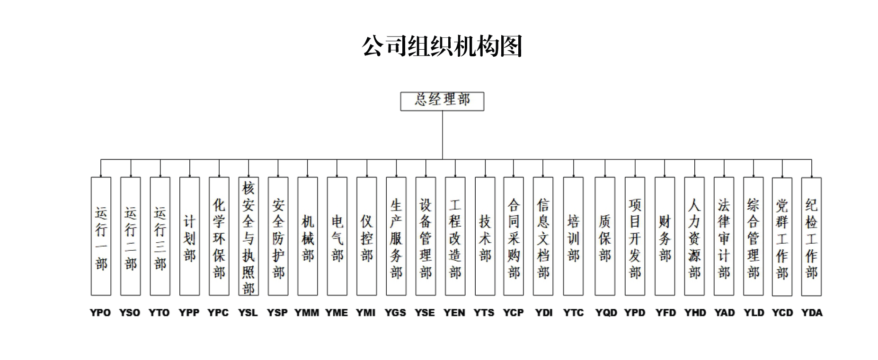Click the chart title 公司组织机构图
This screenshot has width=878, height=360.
[x=442, y=46]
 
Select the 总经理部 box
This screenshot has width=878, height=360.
[x=442, y=101]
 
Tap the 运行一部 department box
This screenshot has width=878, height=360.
[x=101, y=237]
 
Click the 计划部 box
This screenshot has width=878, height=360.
[x=189, y=237]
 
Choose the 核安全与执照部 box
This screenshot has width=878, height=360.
[x=248, y=237]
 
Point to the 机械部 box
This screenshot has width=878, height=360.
[x=308, y=237]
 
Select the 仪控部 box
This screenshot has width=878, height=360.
[x=367, y=237]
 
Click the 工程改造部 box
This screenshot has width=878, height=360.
[x=455, y=237]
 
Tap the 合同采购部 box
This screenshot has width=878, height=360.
[x=514, y=237]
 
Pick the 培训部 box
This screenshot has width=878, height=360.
[x=573, y=237]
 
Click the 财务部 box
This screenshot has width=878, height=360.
[x=665, y=237]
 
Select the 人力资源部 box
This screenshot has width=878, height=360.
[x=694, y=237]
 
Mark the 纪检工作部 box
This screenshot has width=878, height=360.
[x=811, y=237]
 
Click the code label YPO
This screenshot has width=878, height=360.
[x=100, y=313]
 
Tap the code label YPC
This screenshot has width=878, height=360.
[x=218, y=313]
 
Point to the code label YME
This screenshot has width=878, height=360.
[x=337, y=313]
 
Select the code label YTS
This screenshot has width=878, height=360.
[x=484, y=313]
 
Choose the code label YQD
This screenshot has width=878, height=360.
[x=606, y=313]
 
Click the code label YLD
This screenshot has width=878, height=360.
[x=754, y=313]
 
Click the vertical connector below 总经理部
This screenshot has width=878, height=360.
[x=443, y=135]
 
